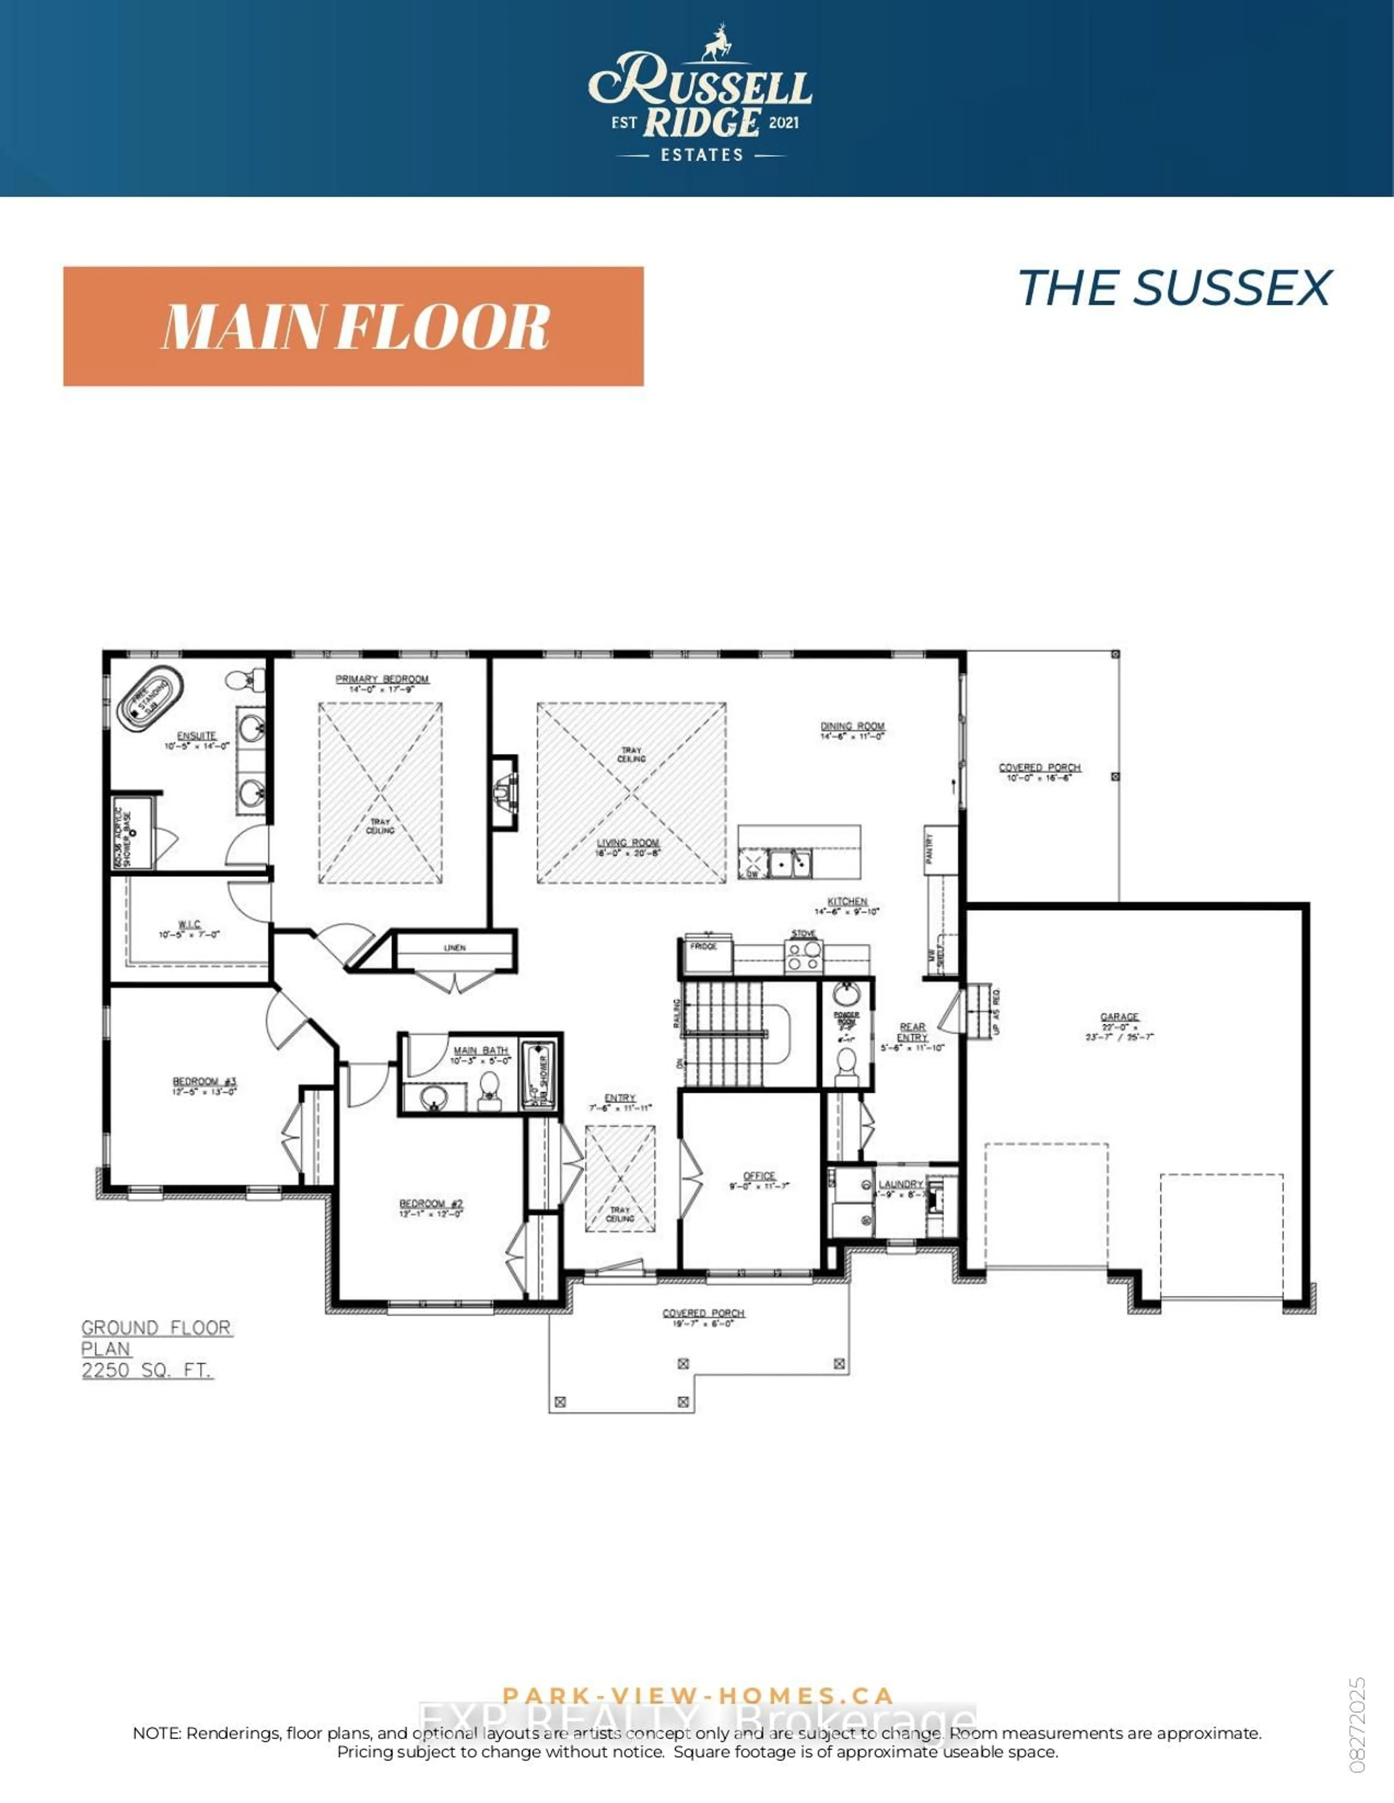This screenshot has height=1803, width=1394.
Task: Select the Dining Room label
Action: tap(852, 726)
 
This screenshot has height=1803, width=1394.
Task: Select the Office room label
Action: tap(759, 1176)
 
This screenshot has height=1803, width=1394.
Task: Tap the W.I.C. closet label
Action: tap(189, 925)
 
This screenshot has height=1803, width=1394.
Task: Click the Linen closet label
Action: tap(455, 948)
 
